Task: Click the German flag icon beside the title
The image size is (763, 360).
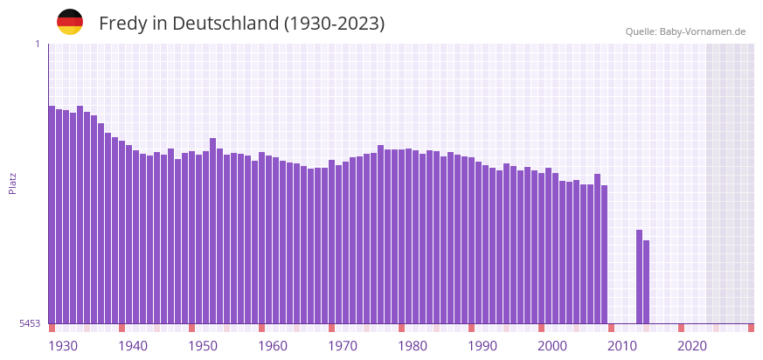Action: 70,22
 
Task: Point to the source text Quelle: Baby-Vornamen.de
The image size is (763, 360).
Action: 685,31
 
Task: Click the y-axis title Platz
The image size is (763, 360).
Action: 13,183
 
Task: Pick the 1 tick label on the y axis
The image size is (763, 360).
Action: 37,44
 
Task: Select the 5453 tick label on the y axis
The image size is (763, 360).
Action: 30,323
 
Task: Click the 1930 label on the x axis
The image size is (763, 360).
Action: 63,346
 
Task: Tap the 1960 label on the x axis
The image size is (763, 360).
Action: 273,346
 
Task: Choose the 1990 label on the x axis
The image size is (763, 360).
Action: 482,346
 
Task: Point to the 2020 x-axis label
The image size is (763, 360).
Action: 692,346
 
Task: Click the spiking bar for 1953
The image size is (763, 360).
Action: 212,231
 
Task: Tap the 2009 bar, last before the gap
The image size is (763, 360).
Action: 604,253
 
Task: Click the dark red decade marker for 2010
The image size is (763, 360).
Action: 611,328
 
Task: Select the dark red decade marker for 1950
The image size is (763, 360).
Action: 191,328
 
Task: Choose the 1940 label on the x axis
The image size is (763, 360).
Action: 133,346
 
